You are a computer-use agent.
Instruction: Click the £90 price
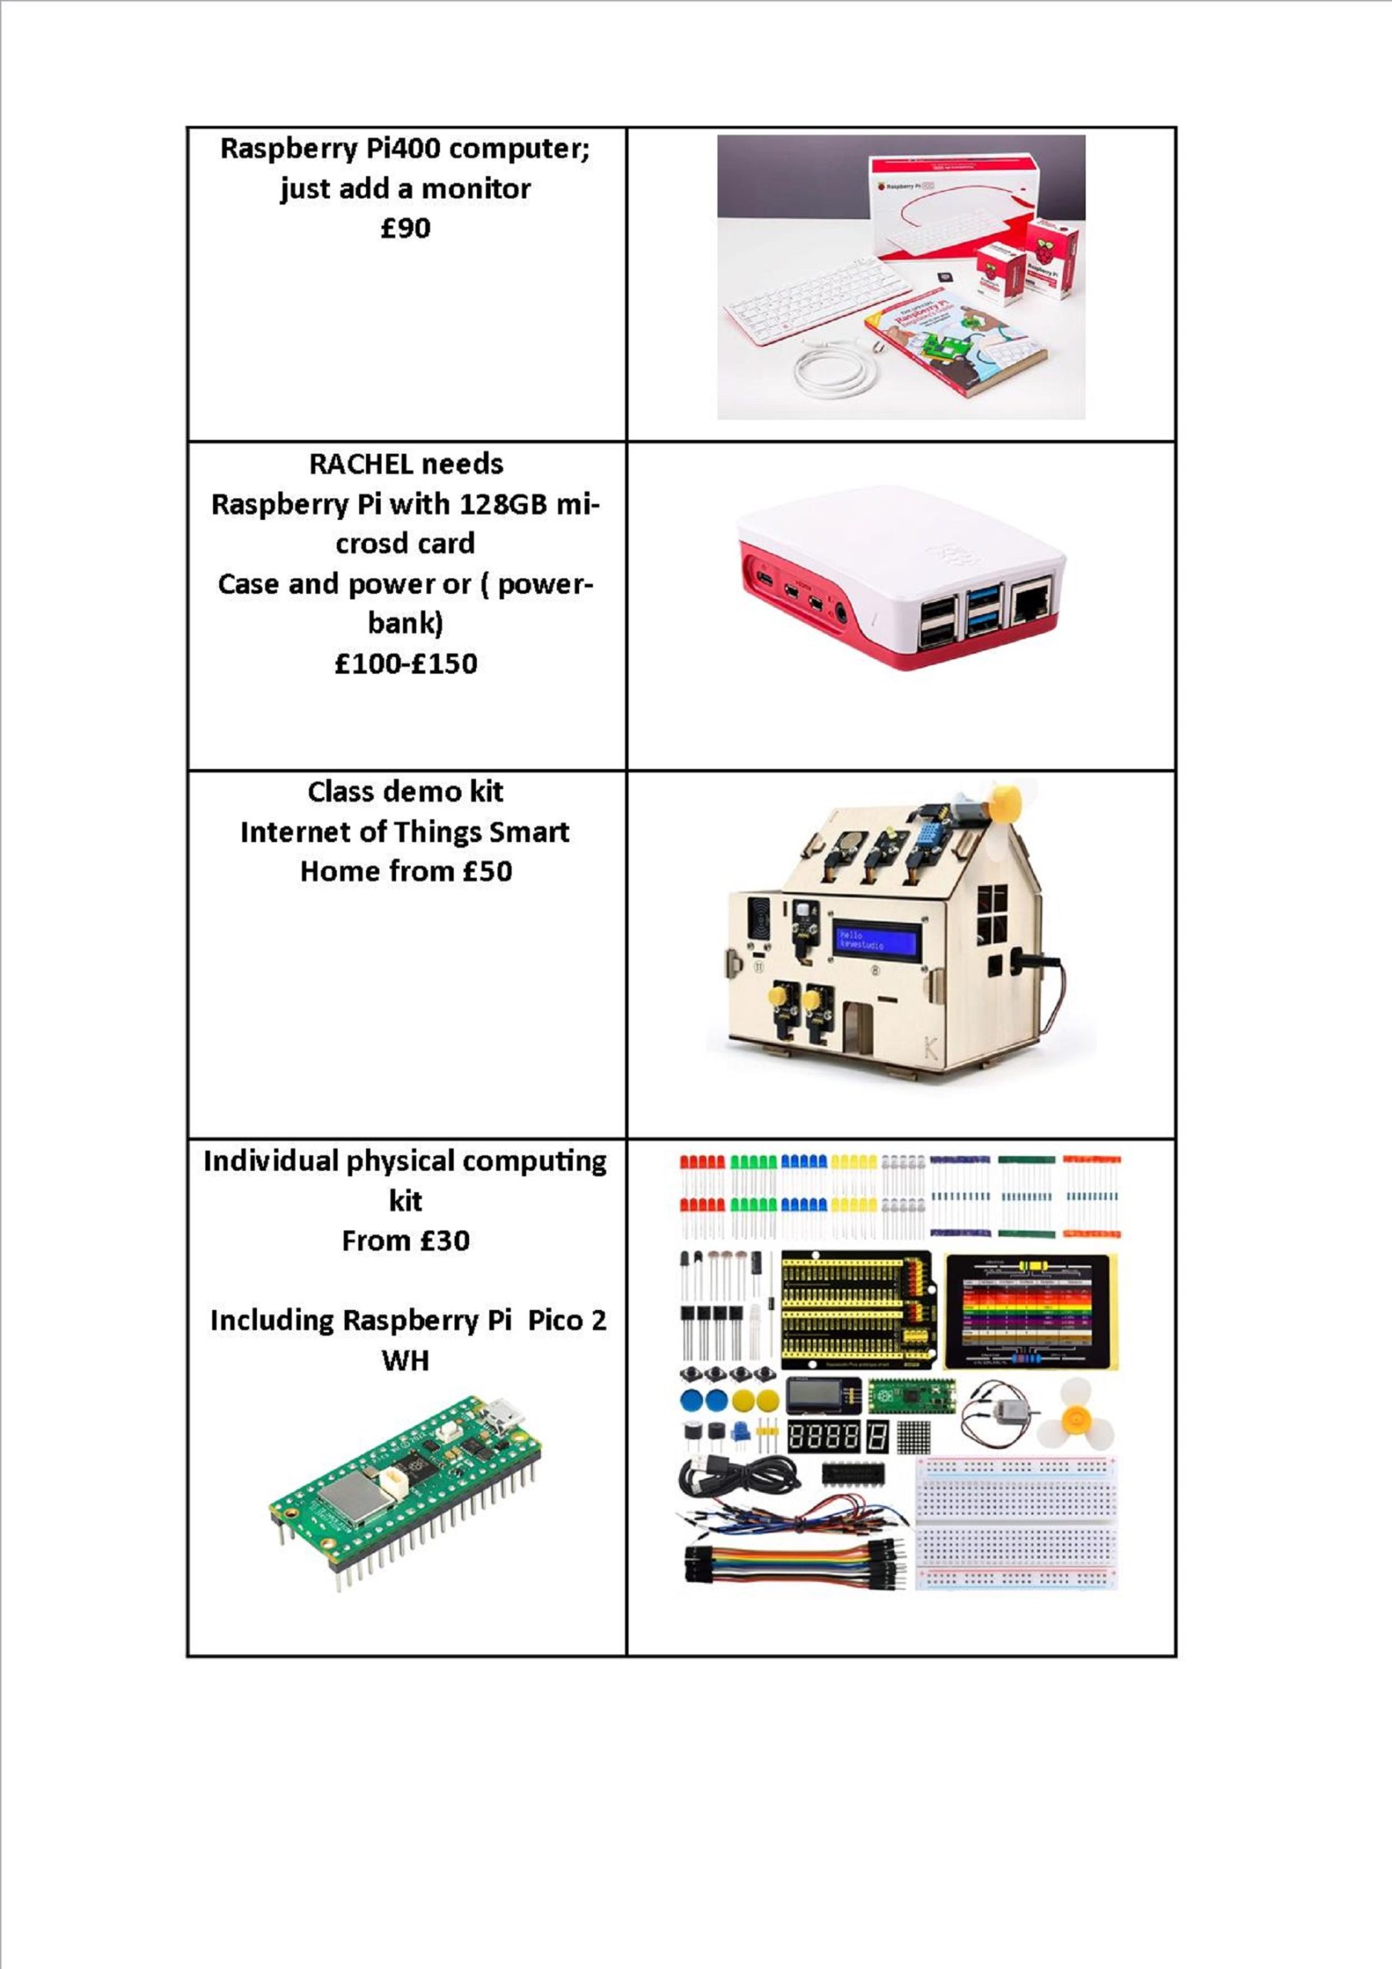pos(405,228)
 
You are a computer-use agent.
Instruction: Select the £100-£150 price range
pos(405,663)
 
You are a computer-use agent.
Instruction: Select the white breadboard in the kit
pos(1017,1521)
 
